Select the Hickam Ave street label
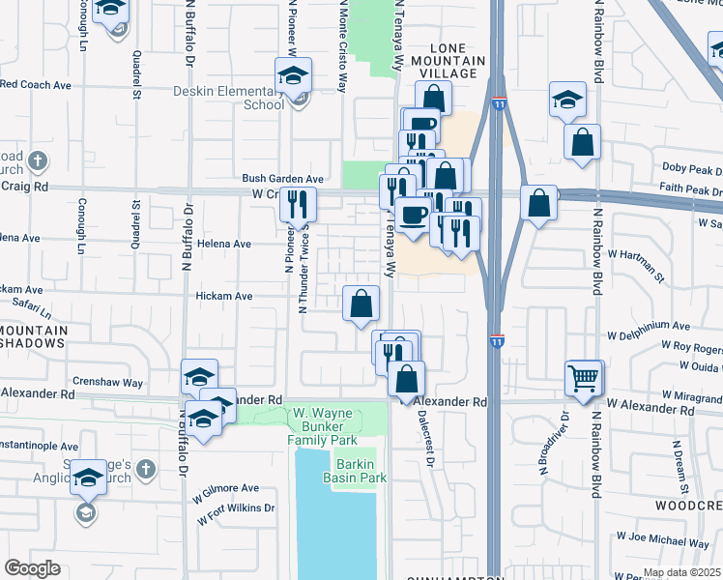223,296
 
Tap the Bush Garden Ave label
282,179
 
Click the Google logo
33,567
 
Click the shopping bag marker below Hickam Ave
361,304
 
